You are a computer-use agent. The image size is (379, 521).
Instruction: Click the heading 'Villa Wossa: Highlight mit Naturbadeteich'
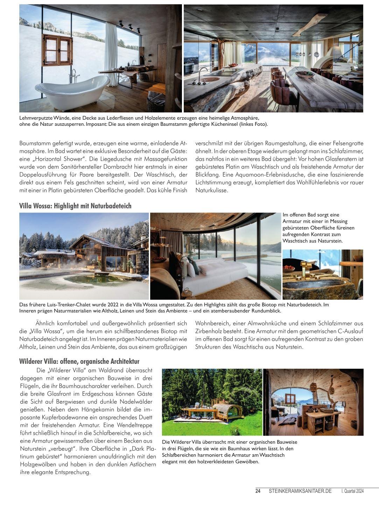[x=75, y=206]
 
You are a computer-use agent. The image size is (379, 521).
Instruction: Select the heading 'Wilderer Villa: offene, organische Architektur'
[x=79, y=361]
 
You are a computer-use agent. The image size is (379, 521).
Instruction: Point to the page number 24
[x=258, y=491]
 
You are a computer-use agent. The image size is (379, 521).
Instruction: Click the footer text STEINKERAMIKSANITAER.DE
[x=300, y=491]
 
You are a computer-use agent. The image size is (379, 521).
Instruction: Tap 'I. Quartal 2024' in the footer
[x=352, y=491]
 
